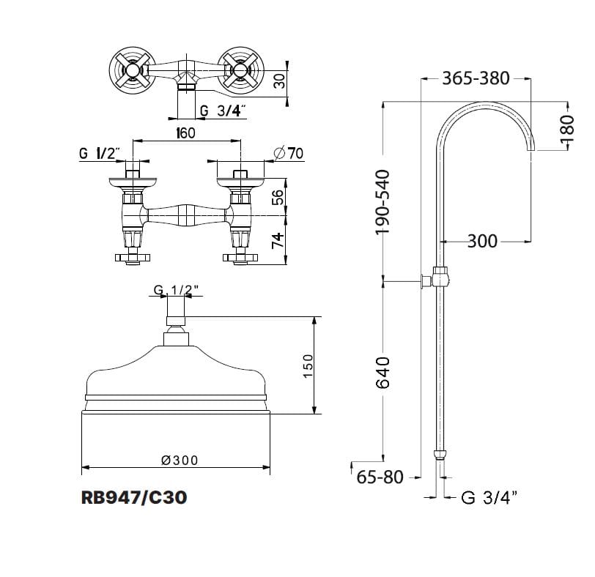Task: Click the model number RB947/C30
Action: (x=134, y=497)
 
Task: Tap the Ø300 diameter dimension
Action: (x=180, y=461)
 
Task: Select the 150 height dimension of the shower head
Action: (x=308, y=365)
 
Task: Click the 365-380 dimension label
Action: (x=476, y=78)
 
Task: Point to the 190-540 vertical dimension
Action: (x=382, y=202)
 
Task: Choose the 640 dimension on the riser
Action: (x=382, y=373)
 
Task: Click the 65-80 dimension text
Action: (x=380, y=477)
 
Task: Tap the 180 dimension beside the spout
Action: (x=567, y=129)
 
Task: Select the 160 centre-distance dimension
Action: (x=185, y=133)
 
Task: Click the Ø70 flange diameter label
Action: (x=289, y=153)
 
